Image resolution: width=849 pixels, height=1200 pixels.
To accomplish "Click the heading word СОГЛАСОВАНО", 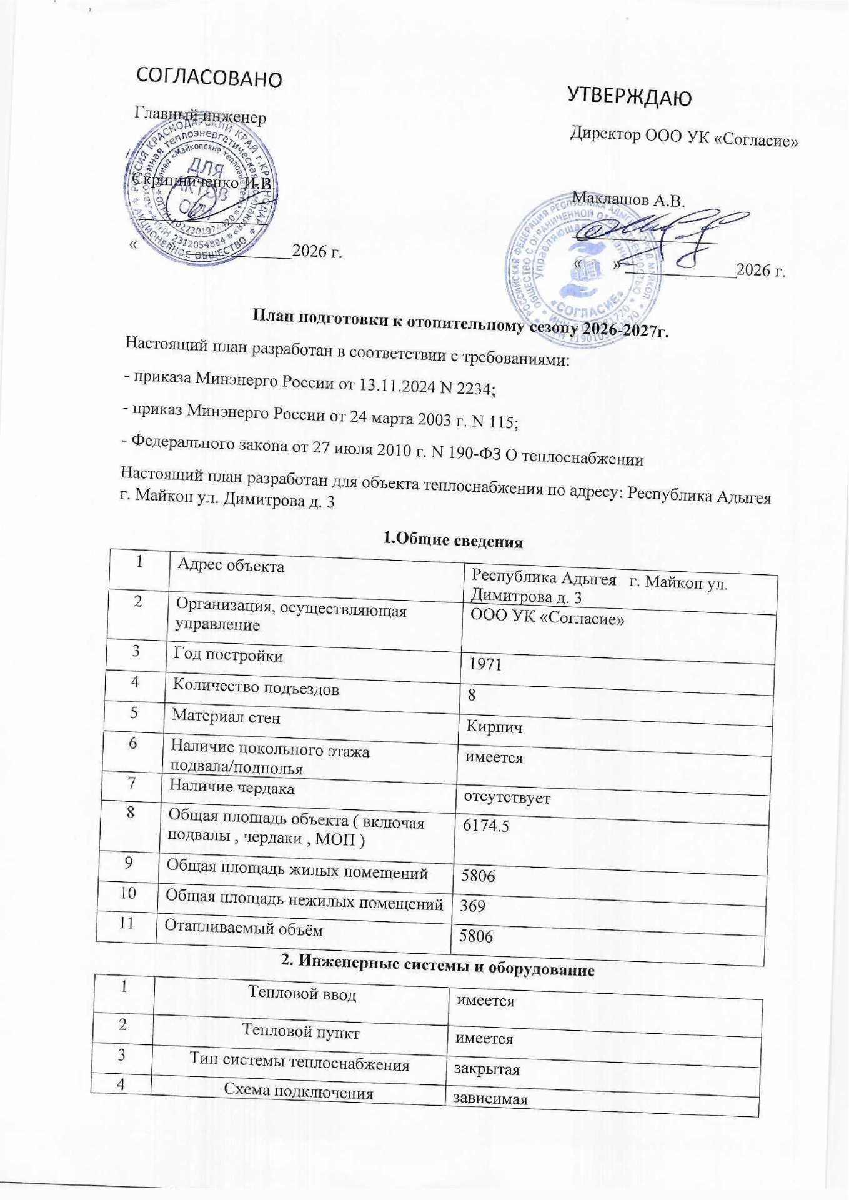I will point(209,77).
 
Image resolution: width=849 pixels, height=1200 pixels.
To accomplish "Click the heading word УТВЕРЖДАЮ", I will point(629,97).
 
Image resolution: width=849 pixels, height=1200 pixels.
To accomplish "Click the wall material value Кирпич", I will point(495,727).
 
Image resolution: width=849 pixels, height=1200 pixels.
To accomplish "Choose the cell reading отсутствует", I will point(506,798).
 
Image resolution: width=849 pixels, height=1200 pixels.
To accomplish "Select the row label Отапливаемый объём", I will point(244,929).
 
